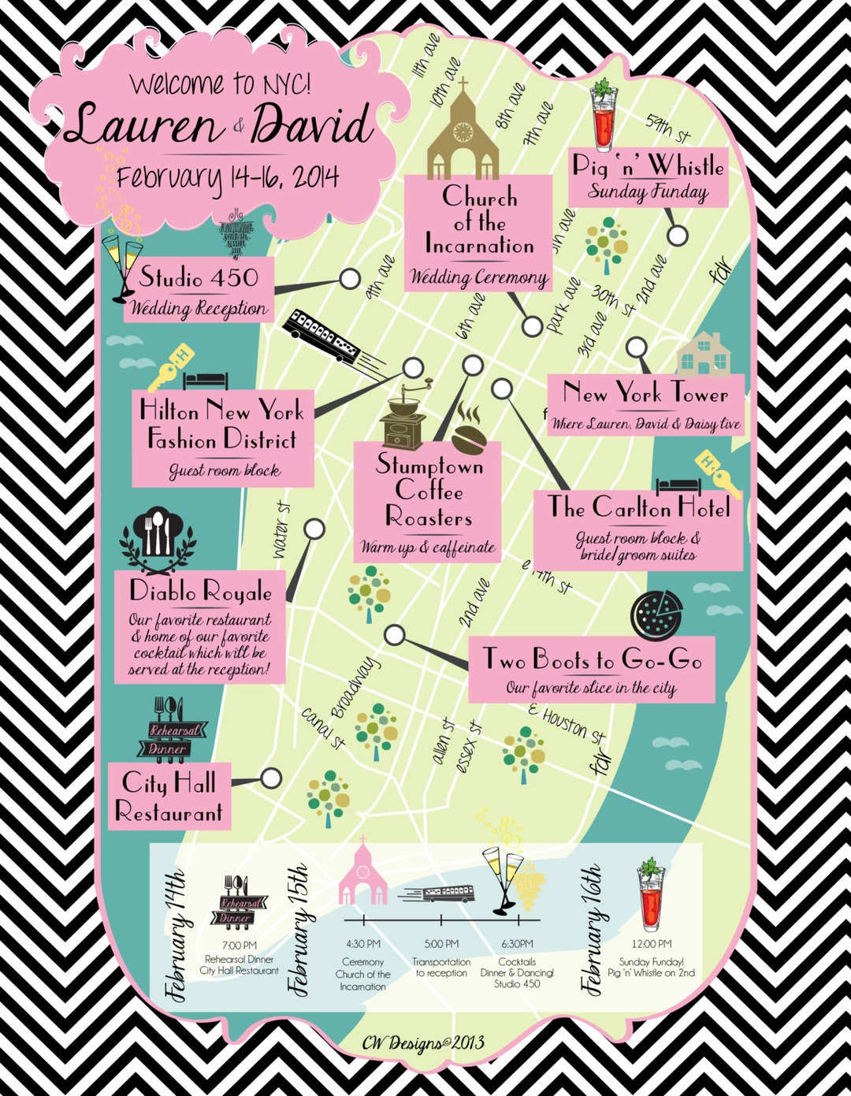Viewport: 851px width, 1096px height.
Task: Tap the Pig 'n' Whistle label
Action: click(648, 166)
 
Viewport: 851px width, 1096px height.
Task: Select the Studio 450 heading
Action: click(199, 277)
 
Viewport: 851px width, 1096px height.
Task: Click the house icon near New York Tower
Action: click(704, 355)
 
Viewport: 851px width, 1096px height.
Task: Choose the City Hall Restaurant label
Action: click(169, 797)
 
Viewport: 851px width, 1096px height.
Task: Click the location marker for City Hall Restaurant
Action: click(270, 778)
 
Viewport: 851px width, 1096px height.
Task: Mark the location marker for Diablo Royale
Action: click(314, 529)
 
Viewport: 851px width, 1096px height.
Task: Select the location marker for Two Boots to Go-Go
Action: click(395, 635)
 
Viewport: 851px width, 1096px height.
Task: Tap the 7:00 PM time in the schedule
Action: click(239, 945)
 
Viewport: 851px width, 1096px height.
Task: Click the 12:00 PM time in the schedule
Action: click(651, 944)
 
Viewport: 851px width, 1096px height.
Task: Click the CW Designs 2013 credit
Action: click(424, 1043)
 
